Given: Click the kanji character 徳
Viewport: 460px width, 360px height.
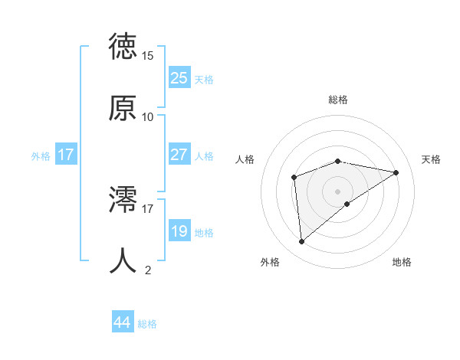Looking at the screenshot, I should coord(123,47).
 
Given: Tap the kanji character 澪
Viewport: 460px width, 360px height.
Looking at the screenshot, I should coord(123,198).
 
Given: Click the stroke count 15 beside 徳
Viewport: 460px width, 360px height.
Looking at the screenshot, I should coord(148,56).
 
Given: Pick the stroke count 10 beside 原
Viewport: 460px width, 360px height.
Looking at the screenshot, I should coord(148,116).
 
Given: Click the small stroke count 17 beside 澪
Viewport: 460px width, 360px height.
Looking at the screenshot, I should coord(148,208).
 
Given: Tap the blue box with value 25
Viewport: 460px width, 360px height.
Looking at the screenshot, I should coord(179,78).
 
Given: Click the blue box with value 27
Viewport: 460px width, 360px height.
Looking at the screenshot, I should coord(179,155).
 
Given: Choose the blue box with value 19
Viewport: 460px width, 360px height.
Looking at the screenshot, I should coord(179,231).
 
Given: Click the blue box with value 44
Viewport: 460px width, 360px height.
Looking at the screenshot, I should coord(123,322).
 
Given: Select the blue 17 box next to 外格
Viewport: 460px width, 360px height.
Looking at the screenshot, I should coord(66,155).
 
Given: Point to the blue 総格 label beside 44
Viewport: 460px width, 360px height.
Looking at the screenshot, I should coord(147,324).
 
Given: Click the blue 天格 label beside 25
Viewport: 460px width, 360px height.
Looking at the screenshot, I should coord(204,80).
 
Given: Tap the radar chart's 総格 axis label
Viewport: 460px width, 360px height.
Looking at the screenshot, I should coord(338,100).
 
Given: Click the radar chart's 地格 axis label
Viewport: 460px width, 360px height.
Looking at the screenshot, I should coord(402,262).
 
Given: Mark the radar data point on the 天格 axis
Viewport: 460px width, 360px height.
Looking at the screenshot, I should coord(396,172).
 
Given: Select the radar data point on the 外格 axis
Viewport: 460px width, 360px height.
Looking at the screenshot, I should coord(302,241).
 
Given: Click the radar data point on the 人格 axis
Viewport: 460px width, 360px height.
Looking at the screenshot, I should coord(294,178).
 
